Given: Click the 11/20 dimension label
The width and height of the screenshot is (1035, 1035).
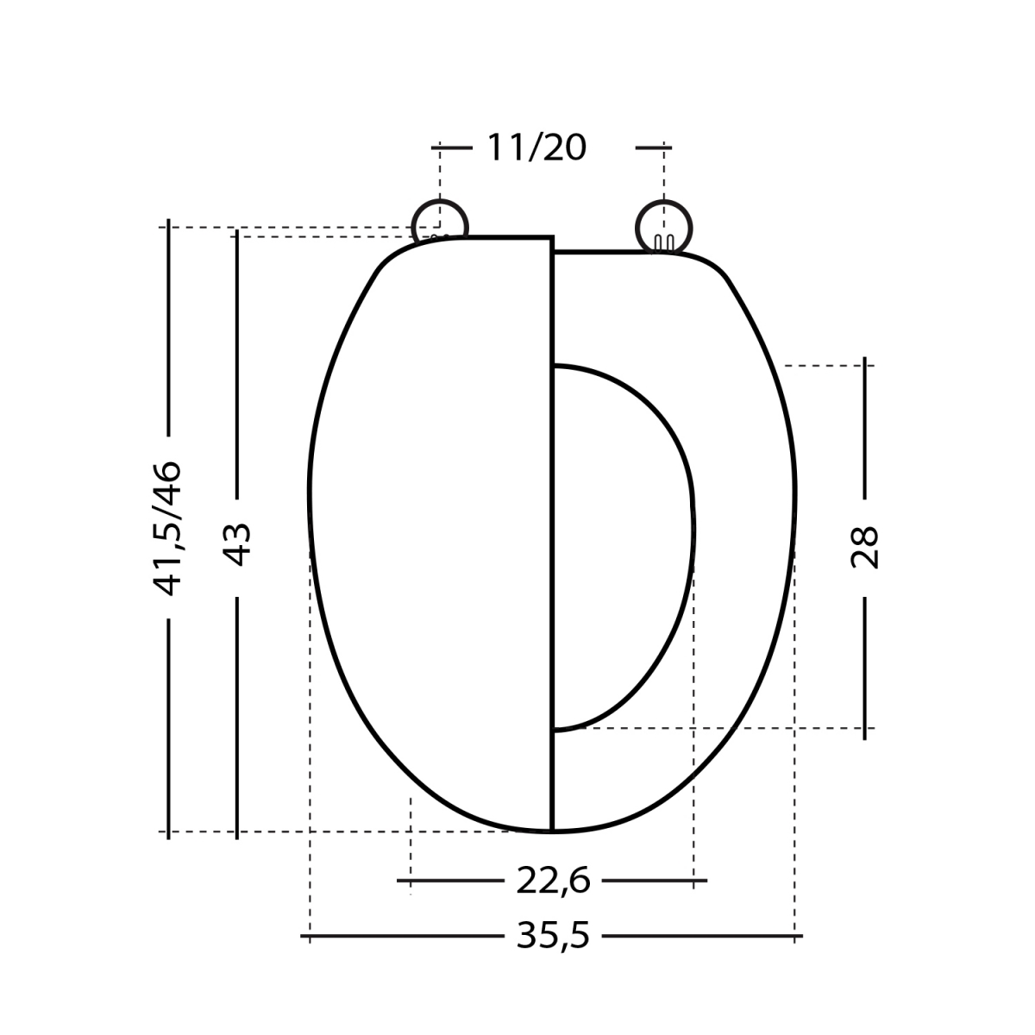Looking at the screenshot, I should coord(536,148).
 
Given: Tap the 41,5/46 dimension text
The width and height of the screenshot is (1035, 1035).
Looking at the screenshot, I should coord(167,528).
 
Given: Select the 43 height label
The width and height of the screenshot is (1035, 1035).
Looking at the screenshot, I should coord(237,543).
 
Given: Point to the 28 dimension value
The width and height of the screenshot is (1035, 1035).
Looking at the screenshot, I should coord(864,547).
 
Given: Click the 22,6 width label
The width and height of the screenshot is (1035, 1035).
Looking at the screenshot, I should coord(553,881).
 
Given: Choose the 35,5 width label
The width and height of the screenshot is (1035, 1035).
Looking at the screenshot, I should coord(553,936).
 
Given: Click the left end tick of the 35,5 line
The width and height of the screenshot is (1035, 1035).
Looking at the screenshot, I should coord(310,936).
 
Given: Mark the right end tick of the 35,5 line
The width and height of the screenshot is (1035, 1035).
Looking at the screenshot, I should coord(794,936).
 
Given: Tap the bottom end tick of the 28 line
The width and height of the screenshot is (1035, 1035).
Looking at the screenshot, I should coord(865,729).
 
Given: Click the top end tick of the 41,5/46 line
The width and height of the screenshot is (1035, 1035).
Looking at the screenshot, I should coord(169,228).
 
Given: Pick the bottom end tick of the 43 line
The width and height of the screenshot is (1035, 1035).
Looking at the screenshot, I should coord(236,832).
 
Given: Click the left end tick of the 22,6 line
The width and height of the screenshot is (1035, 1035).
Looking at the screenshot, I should coord(411,881).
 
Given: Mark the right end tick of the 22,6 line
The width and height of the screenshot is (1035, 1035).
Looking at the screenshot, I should coord(694,881).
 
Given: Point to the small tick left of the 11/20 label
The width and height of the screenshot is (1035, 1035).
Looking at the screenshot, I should coord(440,148).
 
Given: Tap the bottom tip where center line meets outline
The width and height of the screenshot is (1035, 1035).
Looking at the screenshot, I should coord(551,831).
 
